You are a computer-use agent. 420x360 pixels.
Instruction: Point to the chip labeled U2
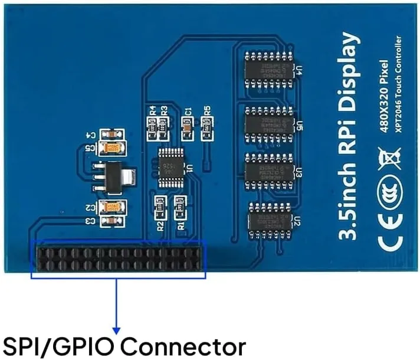coord(270,220)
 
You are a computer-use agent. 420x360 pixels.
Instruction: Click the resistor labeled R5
coord(206,125)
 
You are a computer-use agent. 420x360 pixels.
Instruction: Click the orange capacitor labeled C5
coord(111,148)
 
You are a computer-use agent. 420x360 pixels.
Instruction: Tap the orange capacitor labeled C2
coord(111,207)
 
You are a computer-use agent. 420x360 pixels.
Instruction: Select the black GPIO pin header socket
coord(119,259)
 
